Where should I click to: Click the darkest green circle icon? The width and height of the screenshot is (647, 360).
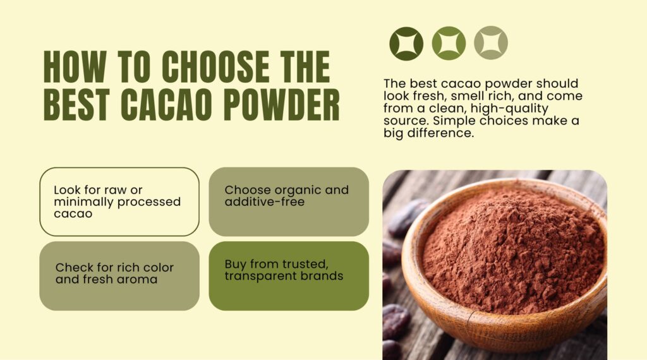(406, 43)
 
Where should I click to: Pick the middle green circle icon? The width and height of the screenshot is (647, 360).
(449, 43)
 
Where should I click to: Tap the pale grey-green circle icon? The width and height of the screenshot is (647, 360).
(491, 43)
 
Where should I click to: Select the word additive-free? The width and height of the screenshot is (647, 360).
(265, 202)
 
